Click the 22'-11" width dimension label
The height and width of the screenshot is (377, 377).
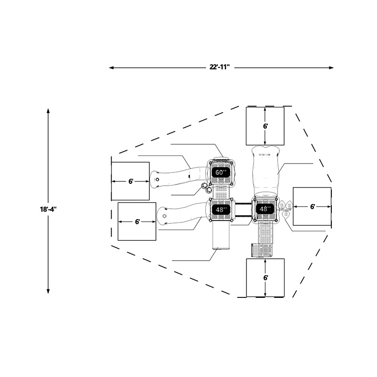coord(220,67)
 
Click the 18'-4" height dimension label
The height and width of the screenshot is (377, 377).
coord(48,209)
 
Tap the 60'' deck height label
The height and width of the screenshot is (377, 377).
coord(221,172)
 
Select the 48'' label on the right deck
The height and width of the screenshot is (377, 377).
coord(265,209)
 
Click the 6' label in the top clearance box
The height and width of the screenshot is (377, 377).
coord(265,126)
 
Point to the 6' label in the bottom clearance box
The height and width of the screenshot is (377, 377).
coord(265,278)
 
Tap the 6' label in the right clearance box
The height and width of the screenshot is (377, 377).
coord(312,206)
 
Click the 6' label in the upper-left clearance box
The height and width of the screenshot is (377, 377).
coord(131,181)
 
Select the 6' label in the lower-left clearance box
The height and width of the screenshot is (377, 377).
coord(137,221)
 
